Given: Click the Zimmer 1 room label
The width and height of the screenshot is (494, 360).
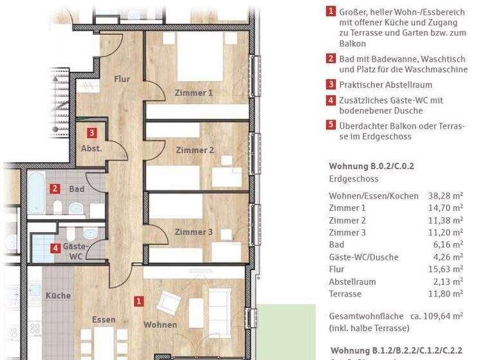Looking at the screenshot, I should click(x=194, y=93).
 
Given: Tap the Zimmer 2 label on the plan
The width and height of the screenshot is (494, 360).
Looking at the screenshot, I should click(x=194, y=150).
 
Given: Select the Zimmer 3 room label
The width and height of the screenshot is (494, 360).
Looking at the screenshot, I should click(x=194, y=232).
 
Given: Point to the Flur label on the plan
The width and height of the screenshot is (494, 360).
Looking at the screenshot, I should click(x=122, y=79).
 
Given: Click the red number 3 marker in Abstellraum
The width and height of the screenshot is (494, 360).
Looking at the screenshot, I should click(x=93, y=133).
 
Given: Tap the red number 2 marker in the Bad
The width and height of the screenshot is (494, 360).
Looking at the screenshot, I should click(x=56, y=189).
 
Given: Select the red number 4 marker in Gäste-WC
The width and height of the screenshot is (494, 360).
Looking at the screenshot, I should click(x=56, y=248).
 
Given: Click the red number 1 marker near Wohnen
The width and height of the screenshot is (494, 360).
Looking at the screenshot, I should click(x=138, y=300).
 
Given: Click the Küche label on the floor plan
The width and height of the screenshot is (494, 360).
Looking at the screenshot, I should click(x=58, y=296).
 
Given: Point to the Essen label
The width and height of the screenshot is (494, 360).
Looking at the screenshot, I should click(x=104, y=319).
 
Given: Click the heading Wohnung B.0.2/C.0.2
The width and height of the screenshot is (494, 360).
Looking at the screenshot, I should click(x=371, y=166).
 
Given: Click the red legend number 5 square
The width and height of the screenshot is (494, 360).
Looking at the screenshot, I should click(x=331, y=125).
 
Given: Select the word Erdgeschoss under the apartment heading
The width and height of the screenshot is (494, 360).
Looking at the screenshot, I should click(x=354, y=179).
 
